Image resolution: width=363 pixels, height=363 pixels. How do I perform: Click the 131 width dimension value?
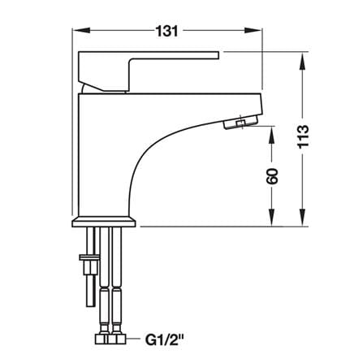click(x=167, y=31)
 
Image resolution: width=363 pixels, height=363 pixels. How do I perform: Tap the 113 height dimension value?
click(x=303, y=136)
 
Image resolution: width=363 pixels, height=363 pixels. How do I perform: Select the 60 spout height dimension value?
click(x=272, y=176)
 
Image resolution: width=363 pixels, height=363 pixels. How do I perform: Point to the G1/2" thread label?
click(x=164, y=339)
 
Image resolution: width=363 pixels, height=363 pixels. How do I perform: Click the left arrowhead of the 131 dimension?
click(x=82, y=30)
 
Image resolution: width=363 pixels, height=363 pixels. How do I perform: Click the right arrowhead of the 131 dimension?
click(x=253, y=30)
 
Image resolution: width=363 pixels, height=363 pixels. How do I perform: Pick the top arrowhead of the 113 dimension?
click(x=304, y=62)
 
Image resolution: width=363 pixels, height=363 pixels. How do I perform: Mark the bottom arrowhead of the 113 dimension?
click(x=304, y=217)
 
